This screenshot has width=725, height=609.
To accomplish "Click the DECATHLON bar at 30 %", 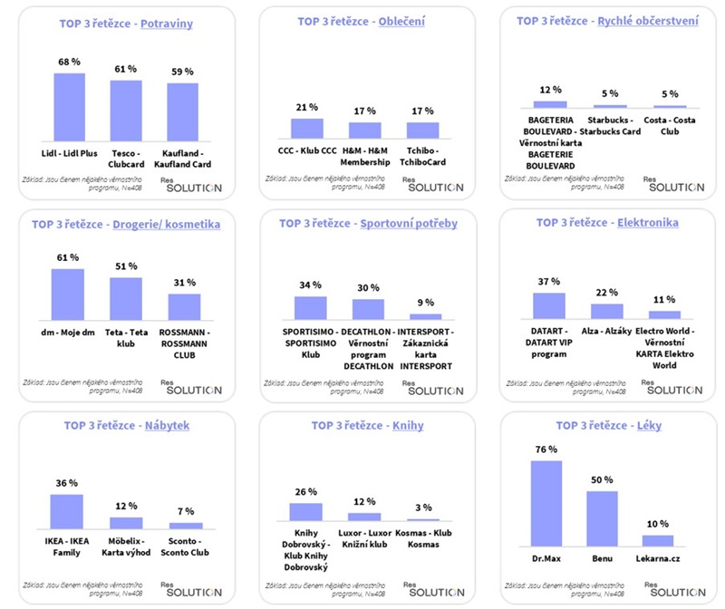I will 368,309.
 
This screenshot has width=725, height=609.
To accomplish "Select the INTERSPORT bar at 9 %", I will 424,316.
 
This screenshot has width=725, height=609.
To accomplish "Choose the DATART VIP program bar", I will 549,306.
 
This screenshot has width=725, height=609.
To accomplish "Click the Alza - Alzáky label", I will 606,332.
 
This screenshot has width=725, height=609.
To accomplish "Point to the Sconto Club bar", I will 186,526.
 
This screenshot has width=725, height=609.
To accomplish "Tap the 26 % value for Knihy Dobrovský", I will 306,492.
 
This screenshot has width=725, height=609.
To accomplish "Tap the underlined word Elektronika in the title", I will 650,222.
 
